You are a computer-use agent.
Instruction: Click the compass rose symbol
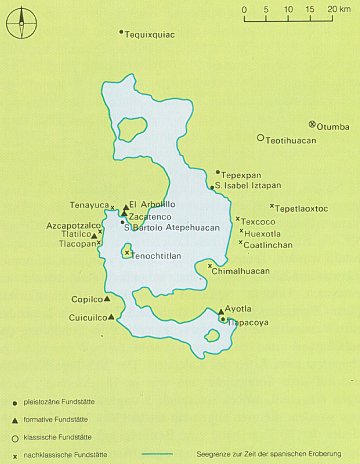coord(22,22)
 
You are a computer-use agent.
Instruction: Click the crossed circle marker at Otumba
coord(313,125)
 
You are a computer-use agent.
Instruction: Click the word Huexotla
coord(263,233)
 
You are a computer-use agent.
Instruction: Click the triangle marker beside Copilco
coord(106,298)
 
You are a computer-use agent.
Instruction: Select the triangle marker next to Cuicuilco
coord(110,318)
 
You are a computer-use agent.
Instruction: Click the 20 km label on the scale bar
coord(334,9)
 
